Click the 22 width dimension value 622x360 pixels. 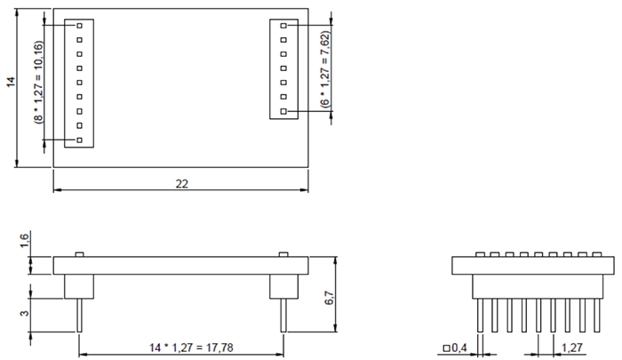tap(181, 183)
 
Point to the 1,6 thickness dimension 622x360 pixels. tap(24, 243)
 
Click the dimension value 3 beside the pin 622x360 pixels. tap(24, 309)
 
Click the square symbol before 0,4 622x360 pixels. tap(446, 348)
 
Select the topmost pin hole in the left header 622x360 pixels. tap(79, 26)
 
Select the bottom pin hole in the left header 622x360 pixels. tap(79, 140)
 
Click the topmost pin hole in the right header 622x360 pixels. tap(283, 26)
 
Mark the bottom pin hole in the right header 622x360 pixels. tap(283, 111)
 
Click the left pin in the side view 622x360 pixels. tap(79, 316)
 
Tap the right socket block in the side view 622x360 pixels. tap(283, 285)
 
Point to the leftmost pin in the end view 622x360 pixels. tap(480, 316)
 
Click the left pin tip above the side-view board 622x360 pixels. tap(79, 254)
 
